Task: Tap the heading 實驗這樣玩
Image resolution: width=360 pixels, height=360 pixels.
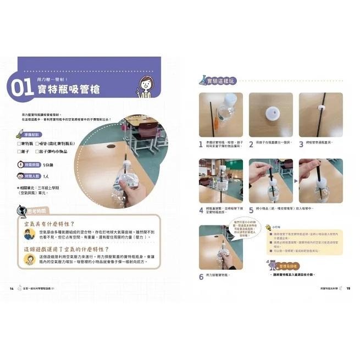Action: (220, 82)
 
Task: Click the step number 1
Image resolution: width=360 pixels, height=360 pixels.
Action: (201, 145)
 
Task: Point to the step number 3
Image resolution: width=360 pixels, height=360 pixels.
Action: (301, 145)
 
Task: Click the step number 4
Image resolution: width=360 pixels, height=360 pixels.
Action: (201, 210)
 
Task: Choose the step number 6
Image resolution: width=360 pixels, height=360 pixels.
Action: (201, 277)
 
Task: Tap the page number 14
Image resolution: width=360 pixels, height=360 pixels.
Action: (12, 288)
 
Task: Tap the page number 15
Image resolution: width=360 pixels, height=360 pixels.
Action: (347, 288)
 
